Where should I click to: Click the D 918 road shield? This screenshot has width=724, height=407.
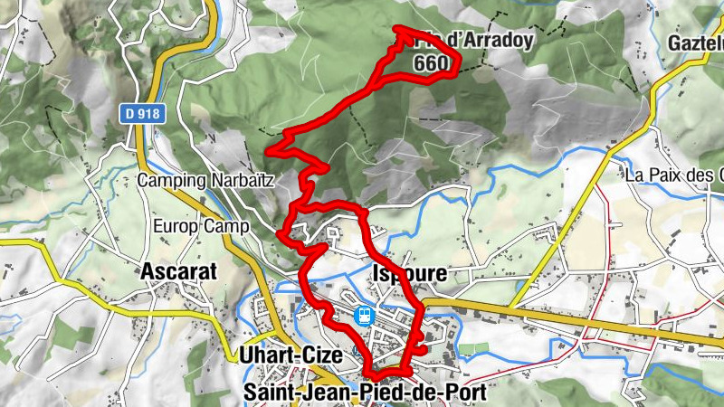click(136, 113)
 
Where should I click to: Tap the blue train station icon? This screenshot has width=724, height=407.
click(363, 316)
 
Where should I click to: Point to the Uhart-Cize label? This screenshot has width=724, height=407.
click(291, 355)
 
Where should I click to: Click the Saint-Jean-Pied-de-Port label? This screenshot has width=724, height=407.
click(366, 392)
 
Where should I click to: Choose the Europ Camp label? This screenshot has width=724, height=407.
click(201, 226)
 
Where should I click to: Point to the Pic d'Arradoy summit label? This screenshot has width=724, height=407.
click(471, 41)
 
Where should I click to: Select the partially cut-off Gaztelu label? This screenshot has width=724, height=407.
click(695, 43)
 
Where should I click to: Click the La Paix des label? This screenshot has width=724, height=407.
click(673, 175)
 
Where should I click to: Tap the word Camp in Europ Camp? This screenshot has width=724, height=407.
click(225, 226)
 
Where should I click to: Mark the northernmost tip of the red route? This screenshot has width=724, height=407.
click(400, 30)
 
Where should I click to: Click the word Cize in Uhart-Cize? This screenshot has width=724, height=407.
click(321, 355)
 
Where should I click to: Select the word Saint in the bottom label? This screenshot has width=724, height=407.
click(268, 392)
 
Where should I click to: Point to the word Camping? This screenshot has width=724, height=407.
click(171, 180)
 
